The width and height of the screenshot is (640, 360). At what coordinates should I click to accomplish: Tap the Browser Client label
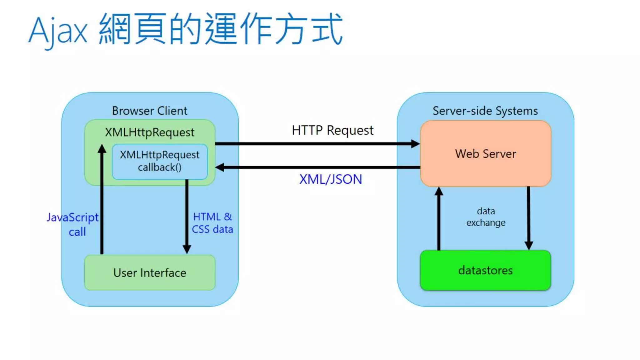pyautogui.click(x=150, y=111)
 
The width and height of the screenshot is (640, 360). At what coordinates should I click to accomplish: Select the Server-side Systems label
pyautogui.click(x=485, y=111)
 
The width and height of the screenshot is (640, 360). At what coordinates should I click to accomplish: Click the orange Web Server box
pyautogui.click(x=485, y=154)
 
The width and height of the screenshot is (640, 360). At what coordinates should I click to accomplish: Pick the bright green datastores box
pyautogui.click(x=485, y=270)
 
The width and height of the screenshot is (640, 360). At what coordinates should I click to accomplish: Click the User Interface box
pyautogui.click(x=150, y=273)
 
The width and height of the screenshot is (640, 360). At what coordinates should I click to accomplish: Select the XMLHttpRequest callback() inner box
pyautogui.click(x=160, y=161)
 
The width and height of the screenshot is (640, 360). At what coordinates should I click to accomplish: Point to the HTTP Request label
pyautogui.click(x=332, y=130)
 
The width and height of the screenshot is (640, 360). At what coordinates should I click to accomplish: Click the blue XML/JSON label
pyautogui.click(x=331, y=179)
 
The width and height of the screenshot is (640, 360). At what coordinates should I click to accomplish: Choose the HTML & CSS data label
pyautogui.click(x=212, y=223)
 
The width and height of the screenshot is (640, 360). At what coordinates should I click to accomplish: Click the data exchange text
pyautogui.click(x=486, y=217)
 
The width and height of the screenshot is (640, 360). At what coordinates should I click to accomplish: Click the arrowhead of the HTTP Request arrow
pyautogui.click(x=415, y=144)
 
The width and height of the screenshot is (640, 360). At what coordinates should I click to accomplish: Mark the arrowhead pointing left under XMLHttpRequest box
pyautogui.click(x=220, y=167)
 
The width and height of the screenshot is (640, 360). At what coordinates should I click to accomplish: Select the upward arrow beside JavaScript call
pyautogui.click(x=102, y=200)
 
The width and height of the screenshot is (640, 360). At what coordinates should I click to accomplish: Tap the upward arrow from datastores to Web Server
pyautogui.click(x=439, y=219)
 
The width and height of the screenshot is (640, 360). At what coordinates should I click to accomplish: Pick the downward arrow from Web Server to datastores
pyautogui.click(x=528, y=219)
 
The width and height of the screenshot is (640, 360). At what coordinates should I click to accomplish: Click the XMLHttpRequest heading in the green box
pyautogui.click(x=149, y=132)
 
